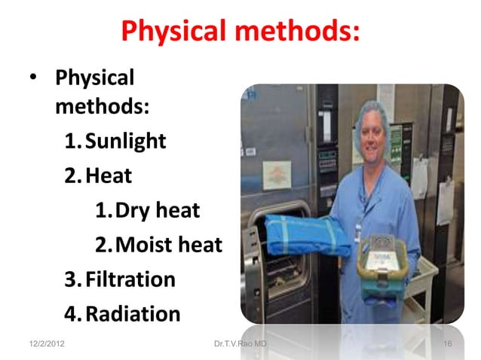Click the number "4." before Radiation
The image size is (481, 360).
coord(73,313)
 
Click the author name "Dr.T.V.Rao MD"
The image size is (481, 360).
coord(240,344)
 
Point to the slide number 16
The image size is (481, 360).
coord(448,344)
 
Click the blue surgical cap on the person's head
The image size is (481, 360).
coord(372,115)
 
